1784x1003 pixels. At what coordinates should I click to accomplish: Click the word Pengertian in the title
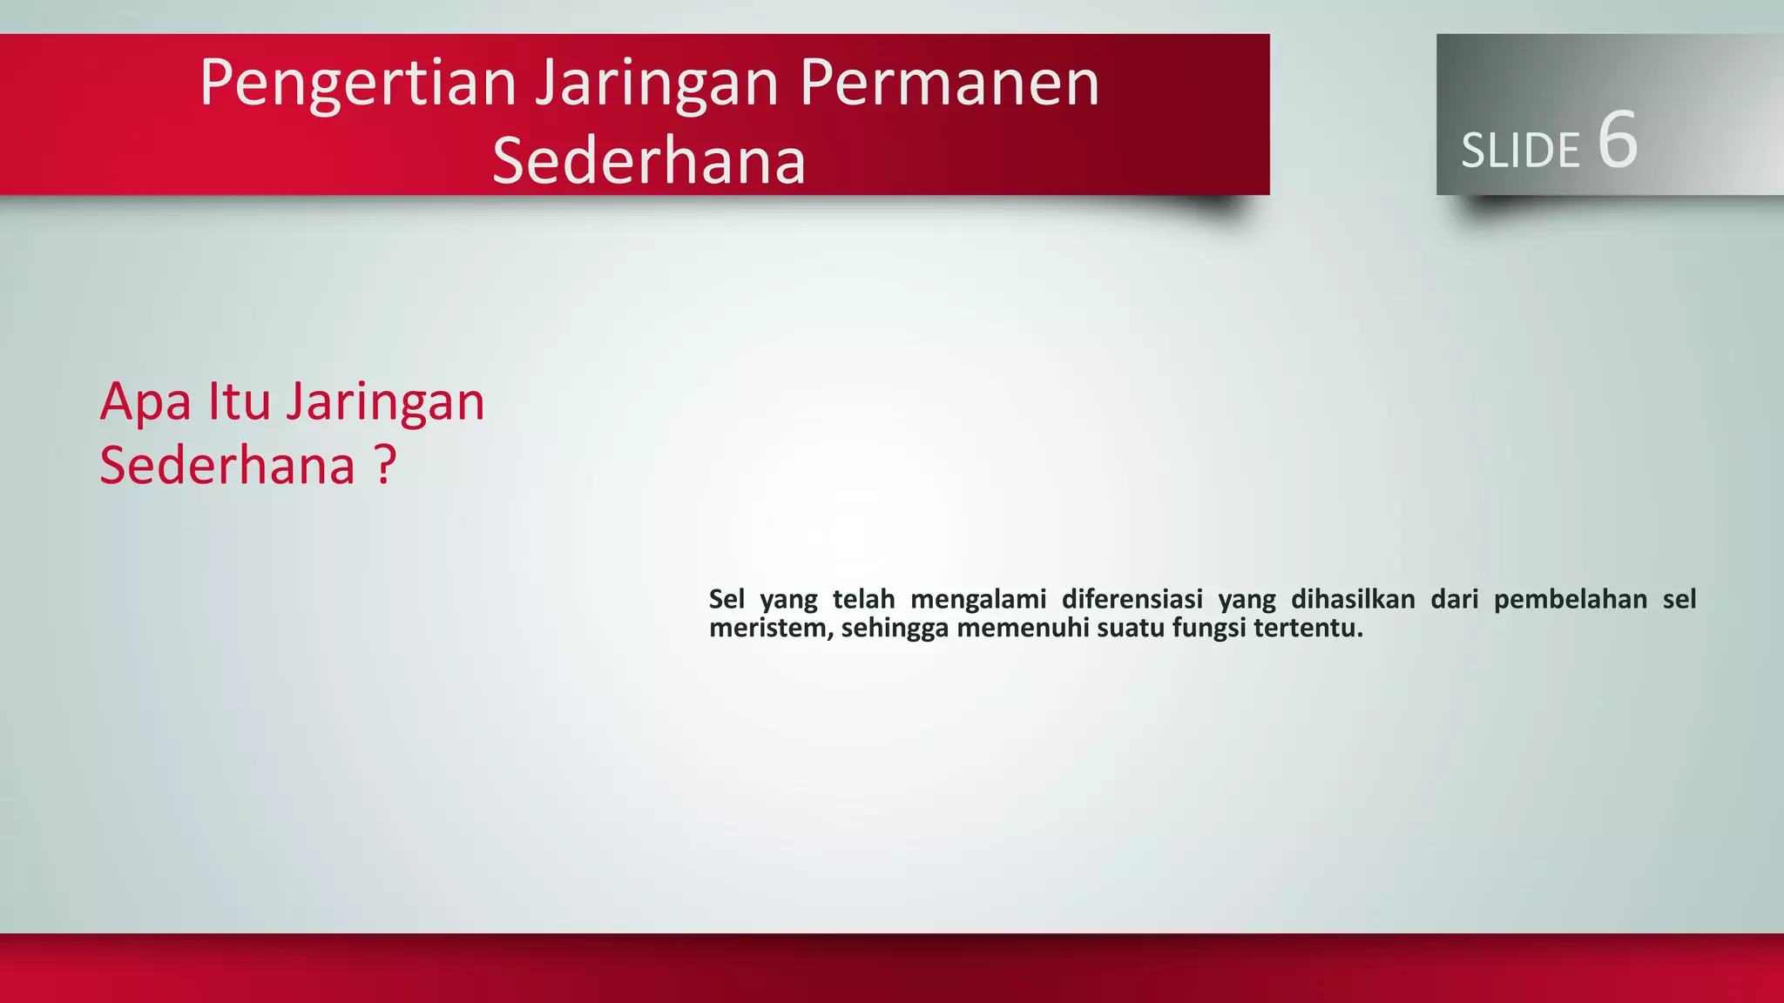pos(358,84)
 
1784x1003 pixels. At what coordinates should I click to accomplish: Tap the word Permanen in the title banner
pos(949,84)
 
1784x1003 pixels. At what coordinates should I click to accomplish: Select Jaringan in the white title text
pos(657,84)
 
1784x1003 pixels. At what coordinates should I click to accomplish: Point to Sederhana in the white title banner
pos(649,161)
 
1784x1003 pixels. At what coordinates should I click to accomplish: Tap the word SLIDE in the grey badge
pos(1520,151)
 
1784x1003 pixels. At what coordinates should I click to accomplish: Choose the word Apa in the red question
pos(145,402)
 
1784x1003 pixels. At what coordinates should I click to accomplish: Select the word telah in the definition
pos(863,599)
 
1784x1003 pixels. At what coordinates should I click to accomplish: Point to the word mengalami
pos(978,600)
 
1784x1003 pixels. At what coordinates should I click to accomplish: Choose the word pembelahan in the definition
pos(1571,599)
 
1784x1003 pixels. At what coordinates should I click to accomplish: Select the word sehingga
pos(895,629)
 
